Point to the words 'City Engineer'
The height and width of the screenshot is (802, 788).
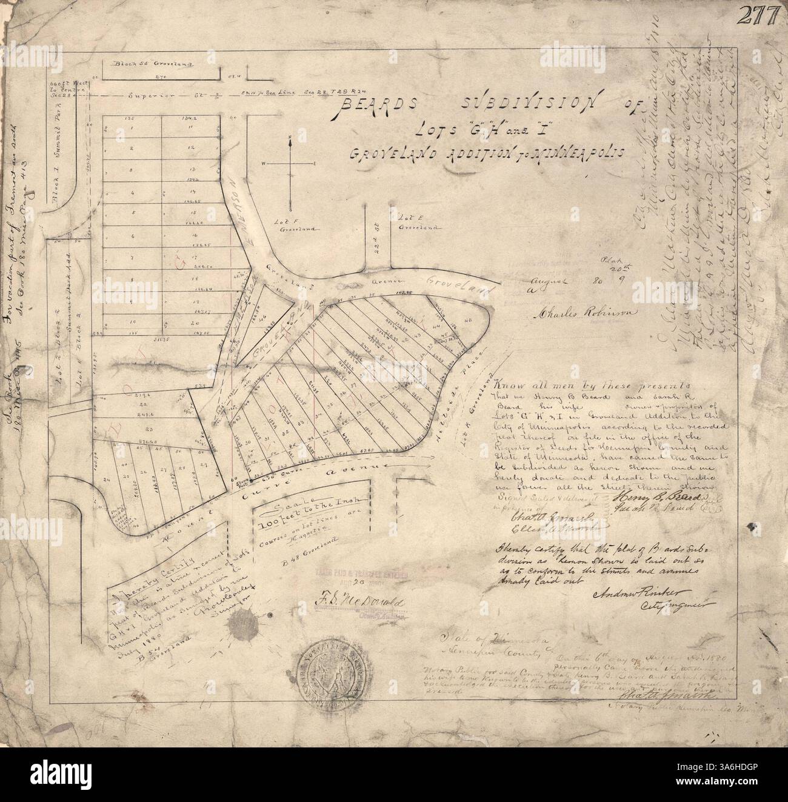pos(669,605)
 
